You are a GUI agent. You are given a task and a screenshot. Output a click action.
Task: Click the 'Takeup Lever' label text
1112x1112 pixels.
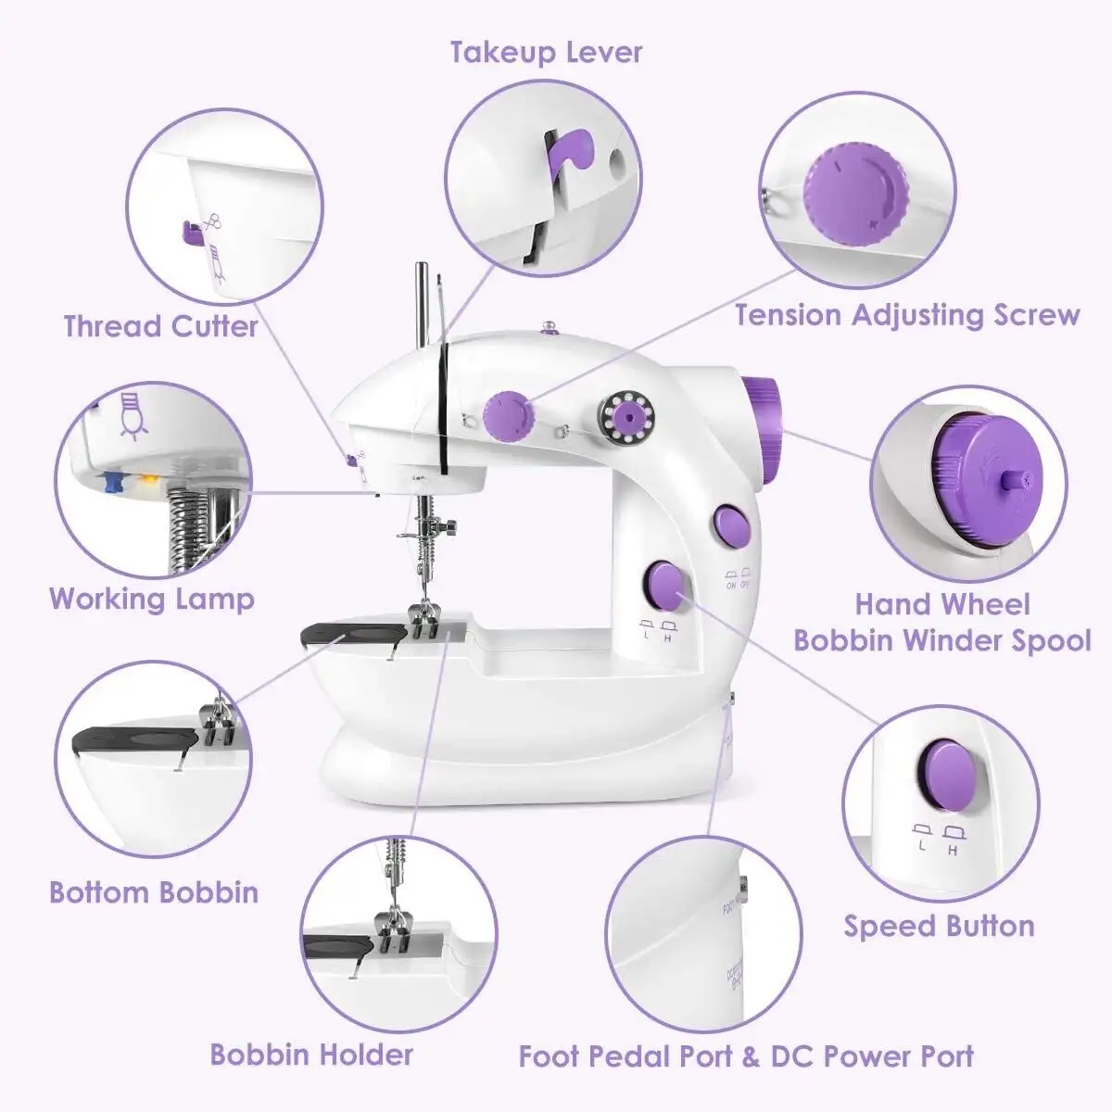coord(546,52)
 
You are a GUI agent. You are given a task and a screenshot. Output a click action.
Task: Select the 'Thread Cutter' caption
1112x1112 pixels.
coord(160,326)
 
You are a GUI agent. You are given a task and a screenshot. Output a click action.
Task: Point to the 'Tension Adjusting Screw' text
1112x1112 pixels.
coord(907,315)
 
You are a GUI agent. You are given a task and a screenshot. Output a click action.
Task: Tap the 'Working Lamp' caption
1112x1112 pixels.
coord(152,598)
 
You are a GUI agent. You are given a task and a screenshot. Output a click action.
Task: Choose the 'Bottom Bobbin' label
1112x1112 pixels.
coord(154,892)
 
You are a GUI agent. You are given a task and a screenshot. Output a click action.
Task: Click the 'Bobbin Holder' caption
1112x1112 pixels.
coord(311,1054)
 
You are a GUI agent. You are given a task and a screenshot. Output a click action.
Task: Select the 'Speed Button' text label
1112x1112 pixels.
coord(939,926)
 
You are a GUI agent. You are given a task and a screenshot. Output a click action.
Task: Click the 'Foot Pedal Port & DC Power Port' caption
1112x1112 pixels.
coord(746,1055)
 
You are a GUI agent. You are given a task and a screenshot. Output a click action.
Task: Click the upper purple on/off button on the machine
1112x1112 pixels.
coord(730,524)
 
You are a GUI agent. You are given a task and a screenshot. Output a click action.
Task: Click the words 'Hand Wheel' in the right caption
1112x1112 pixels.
coord(941,604)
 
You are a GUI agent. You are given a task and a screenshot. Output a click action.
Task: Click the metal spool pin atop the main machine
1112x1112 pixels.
coord(422,306)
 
